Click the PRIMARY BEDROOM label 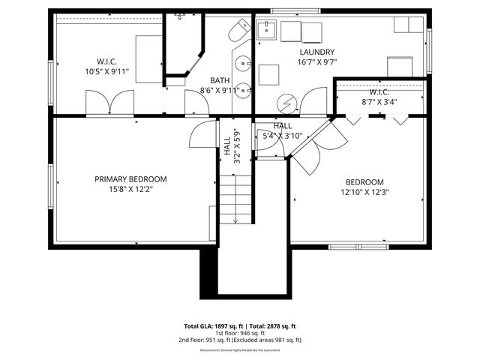(130, 179)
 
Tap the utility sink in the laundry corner (268, 30)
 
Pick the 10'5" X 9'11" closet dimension (107, 73)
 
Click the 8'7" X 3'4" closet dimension (379, 102)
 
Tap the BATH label (220, 80)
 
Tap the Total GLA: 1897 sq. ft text (211, 326)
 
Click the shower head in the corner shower (180, 16)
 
